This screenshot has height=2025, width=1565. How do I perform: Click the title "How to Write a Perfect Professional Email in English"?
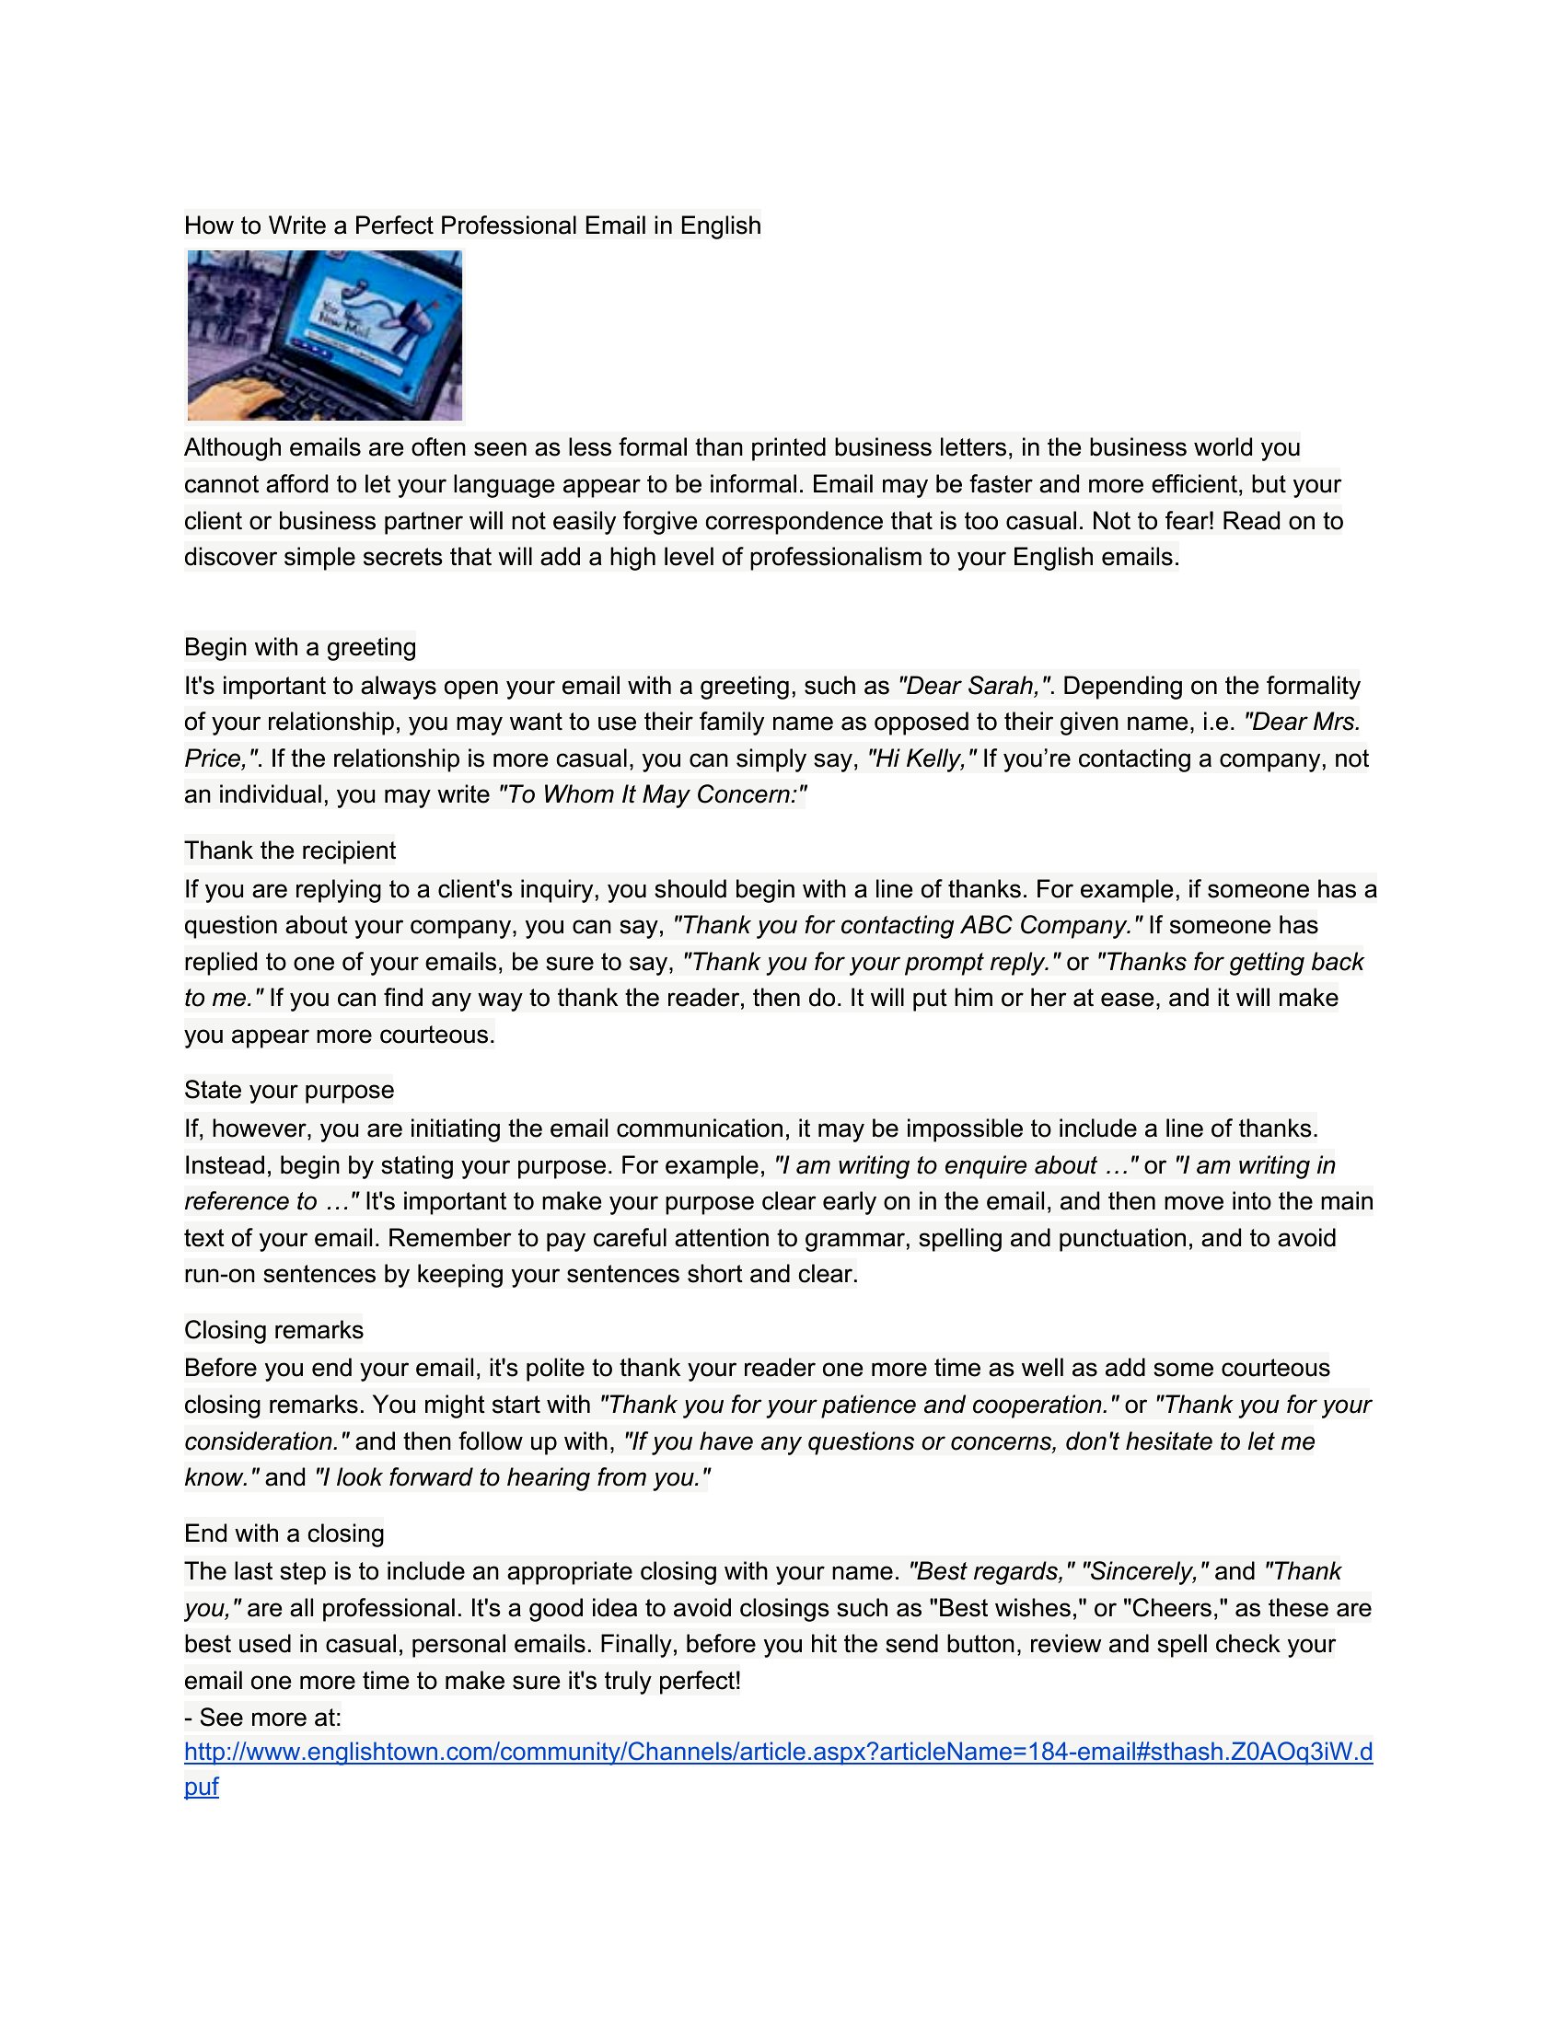(x=472, y=226)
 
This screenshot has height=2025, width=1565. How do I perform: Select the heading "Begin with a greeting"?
(x=299, y=646)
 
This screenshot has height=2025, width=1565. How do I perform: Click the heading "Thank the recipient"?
(x=289, y=850)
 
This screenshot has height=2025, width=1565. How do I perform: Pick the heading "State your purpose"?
(x=288, y=1090)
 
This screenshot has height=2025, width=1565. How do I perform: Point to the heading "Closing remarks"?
(x=273, y=1330)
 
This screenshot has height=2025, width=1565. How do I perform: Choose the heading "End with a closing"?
(x=284, y=1533)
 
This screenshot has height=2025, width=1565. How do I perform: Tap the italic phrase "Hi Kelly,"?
(x=922, y=758)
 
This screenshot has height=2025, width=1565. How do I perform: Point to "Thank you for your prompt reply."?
(x=871, y=962)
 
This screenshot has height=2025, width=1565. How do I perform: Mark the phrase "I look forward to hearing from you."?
(x=513, y=1477)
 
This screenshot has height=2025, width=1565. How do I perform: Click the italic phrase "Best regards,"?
(x=991, y=1571)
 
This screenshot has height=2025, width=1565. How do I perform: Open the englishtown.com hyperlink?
(x=778, y=1752)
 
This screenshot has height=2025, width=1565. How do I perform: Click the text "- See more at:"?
(x=262, y=1718)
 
